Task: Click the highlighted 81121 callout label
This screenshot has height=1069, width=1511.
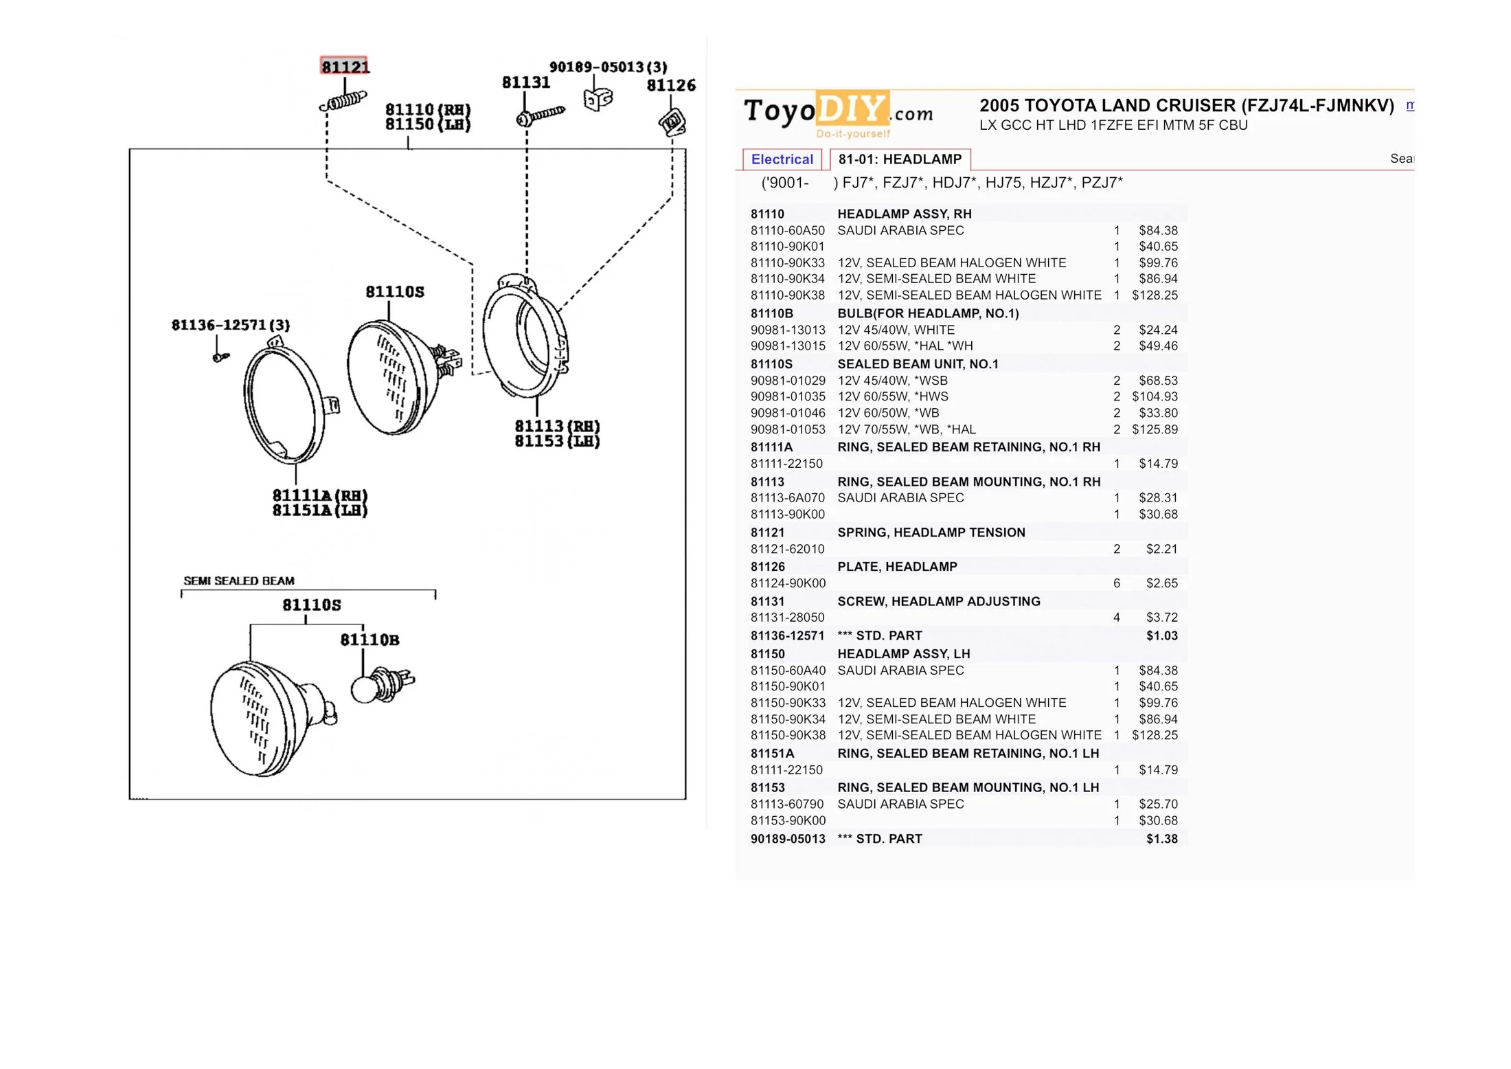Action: click(x=345, y=66)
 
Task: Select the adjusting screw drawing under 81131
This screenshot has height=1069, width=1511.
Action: click(x=540, y=115)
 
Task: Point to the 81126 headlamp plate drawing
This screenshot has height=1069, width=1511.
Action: click(x=672, y=122)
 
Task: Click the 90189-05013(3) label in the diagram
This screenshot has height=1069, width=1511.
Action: click(x=608, y=67)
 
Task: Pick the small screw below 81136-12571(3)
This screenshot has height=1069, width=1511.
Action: click(x=220, y=357)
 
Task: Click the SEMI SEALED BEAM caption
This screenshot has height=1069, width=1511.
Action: click(x=239, y=581)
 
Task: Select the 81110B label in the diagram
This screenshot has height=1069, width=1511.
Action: click(x=370, y=640)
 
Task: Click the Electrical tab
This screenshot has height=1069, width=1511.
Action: click(x=782, y=159)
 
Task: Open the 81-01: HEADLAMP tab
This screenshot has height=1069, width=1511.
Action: click(x=900, y=159)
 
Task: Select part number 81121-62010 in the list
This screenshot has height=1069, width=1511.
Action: click(x=787, y=549)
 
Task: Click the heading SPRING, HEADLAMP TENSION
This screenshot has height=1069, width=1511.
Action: click(x=931, y=532)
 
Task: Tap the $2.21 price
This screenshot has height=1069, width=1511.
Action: click(x=1161, y=549)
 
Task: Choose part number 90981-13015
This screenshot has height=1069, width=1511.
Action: click(x=788, y=346)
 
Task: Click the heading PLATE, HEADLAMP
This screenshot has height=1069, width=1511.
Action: click(x=897, y=567)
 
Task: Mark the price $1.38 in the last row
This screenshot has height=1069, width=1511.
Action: click(x=1161, y=839)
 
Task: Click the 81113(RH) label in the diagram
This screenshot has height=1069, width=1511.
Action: click(x=557, y=426)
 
